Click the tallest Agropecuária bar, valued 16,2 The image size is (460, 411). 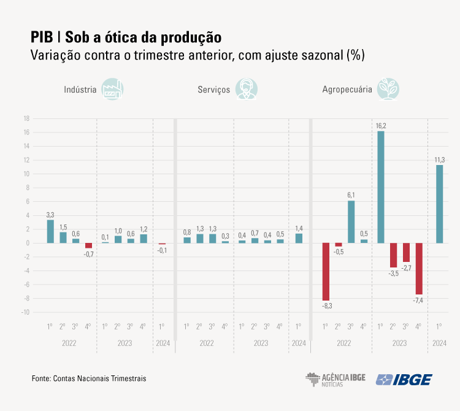pos(381,187)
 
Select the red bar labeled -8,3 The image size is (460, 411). pos(326,271)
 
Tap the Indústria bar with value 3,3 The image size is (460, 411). pos(50,231)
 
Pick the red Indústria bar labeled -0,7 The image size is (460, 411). pos(88,245)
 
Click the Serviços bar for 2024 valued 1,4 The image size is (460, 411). pos(299,238)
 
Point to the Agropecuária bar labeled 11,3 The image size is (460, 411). pos(439,204)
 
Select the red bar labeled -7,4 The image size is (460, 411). pos(419,268)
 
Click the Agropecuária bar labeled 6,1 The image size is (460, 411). pos(351,221)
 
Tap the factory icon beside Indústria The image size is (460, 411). pos(112,89)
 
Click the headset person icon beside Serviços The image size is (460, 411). pos(247,89)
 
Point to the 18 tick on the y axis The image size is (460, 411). pos(26,118)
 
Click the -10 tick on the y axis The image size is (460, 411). pos(26,312)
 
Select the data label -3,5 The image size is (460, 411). pos(393,273)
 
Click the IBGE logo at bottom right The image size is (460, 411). pos(404,379)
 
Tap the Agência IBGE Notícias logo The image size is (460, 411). pos(335,379)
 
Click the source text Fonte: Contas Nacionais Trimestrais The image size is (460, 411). pos(89,379)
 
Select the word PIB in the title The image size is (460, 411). pos(41,36)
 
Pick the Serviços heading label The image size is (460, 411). pos(213,90)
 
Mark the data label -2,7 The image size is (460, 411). pos(406,267)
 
